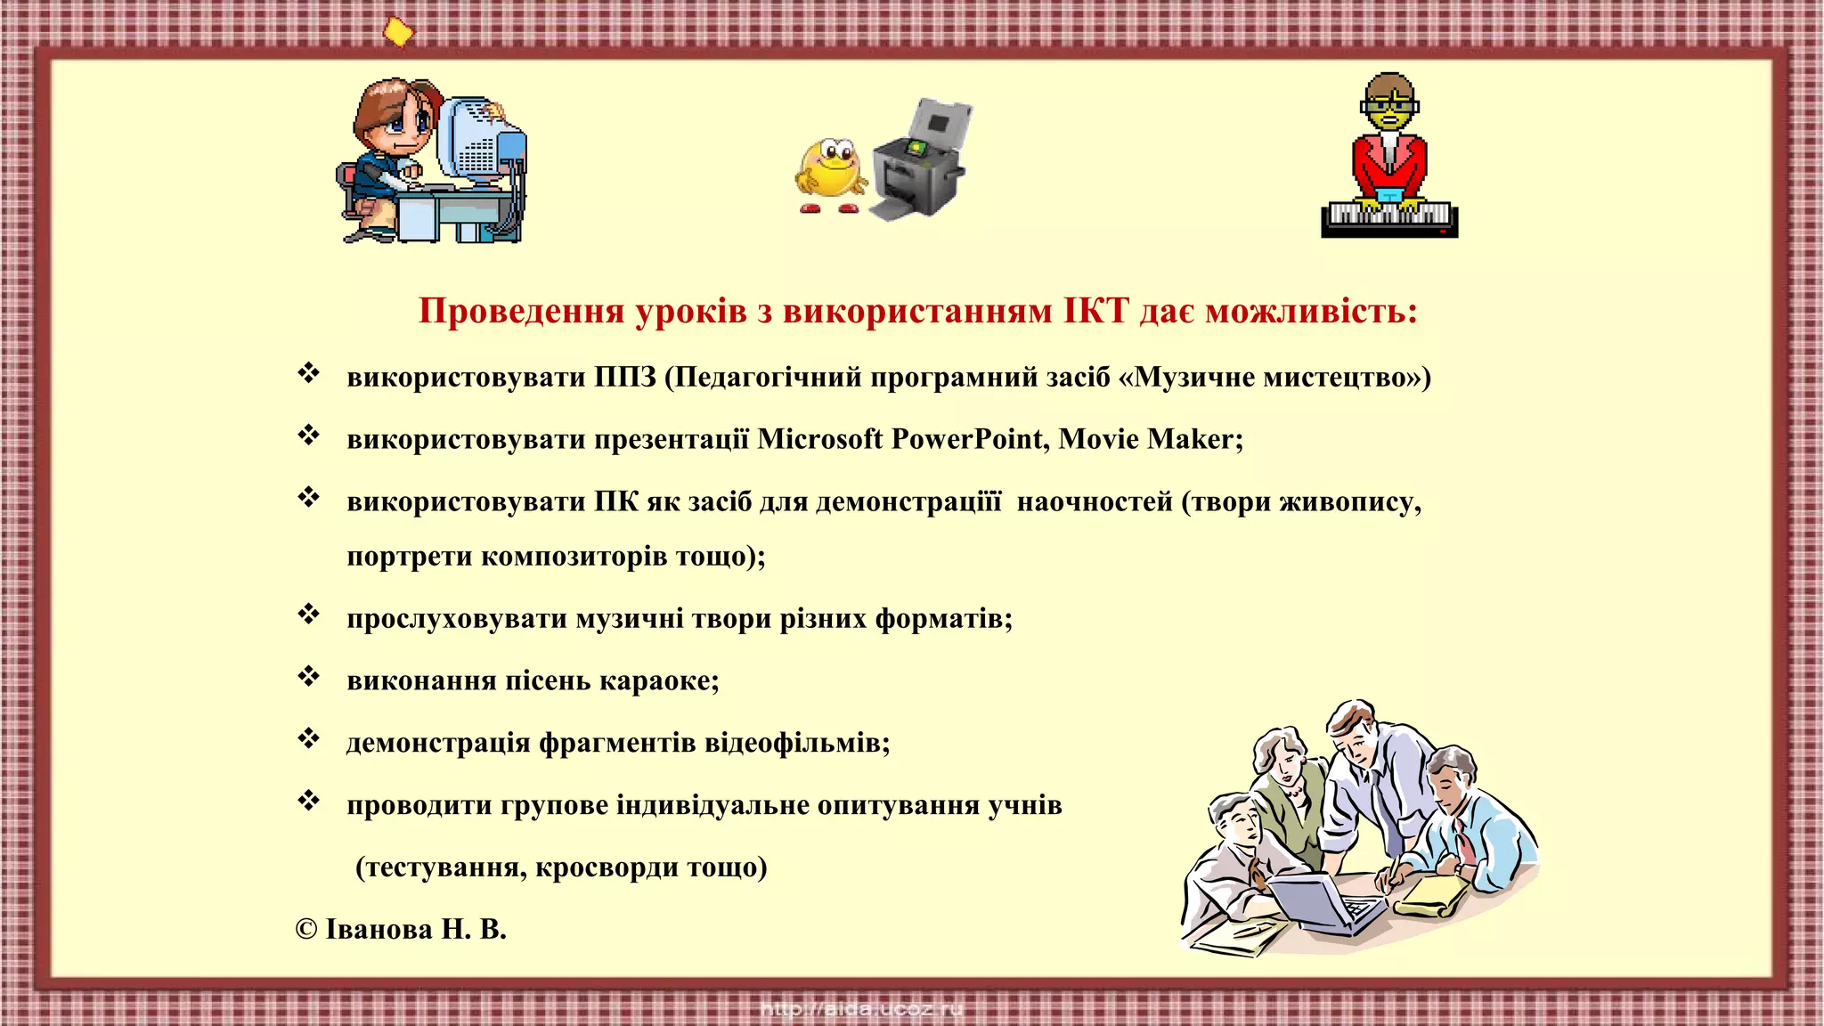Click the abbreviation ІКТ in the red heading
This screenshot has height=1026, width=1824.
(x=1095, y=311)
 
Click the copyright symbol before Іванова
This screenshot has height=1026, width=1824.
(x=306, y=930)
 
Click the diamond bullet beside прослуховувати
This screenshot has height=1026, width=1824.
(x=308, y=615)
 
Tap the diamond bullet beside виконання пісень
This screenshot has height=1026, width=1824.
(x=308, y=677)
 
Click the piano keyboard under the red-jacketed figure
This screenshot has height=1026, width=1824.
(x=1388, y=217)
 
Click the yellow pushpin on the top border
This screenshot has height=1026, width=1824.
(x=398, y=32)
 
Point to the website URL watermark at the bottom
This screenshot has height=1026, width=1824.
(x=862, y=1010)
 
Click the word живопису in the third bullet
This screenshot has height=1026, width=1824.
(x=1348, y=502)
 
